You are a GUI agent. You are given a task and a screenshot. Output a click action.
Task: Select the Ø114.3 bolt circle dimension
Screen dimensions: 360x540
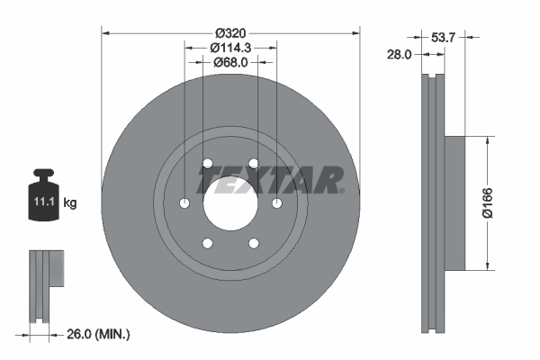[230, 47]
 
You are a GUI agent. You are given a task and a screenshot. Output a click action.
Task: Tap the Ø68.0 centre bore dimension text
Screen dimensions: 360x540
[230, 62]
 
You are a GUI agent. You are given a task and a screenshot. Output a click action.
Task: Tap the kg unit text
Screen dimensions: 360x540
[69, 204]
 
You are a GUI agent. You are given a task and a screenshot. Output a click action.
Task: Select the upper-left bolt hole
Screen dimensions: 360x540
[208, 163]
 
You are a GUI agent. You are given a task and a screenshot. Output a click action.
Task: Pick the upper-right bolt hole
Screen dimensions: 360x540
[254, 163]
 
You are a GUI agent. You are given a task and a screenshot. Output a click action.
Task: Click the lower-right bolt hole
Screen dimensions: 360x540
[254, 242]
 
